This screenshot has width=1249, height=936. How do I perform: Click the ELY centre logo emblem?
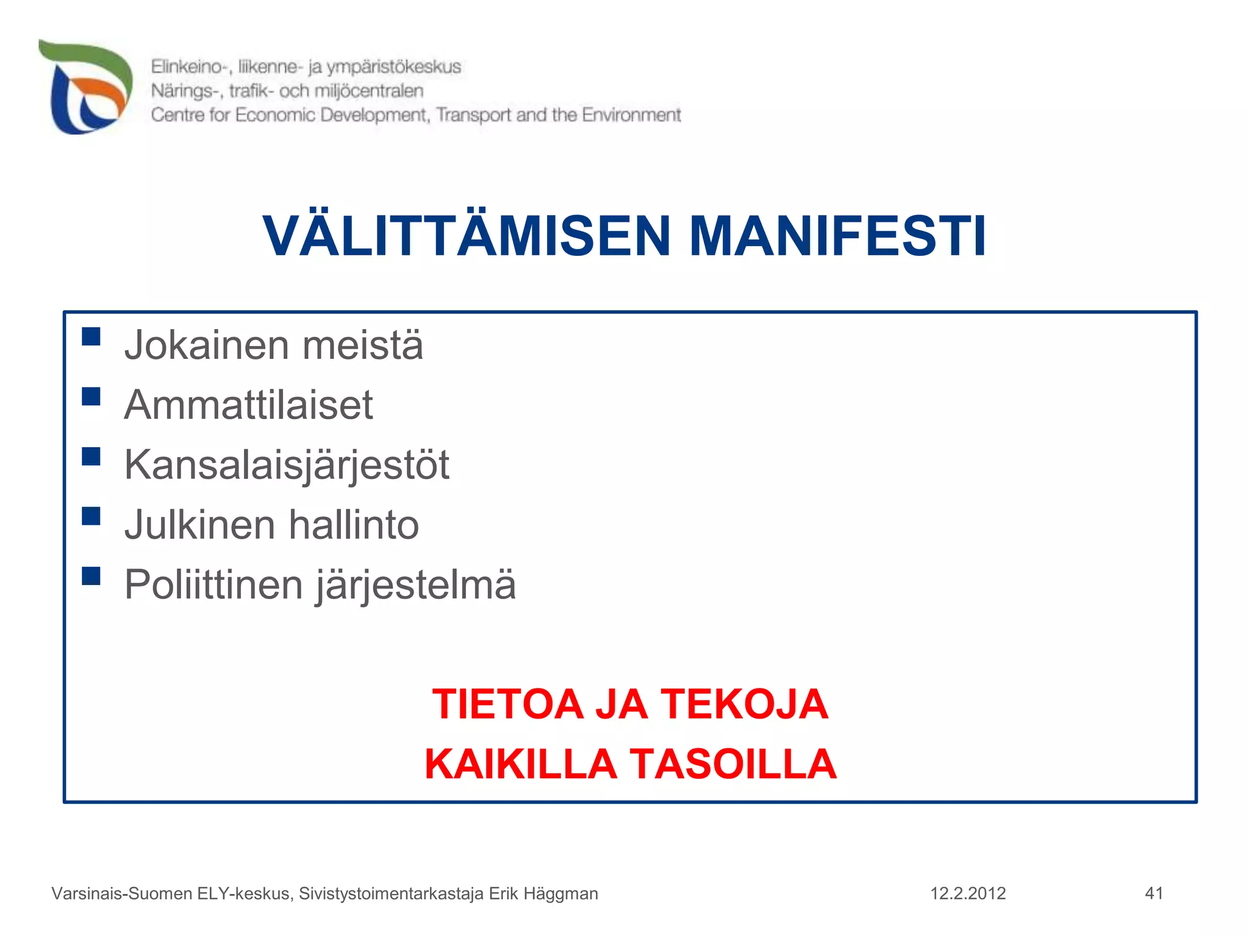click(x=86, y=87)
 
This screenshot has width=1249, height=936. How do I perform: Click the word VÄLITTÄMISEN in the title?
click(x=467, y=236)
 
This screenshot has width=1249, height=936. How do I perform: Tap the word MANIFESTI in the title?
click(x=837, y=236)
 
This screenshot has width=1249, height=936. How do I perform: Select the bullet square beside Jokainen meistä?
click(x=91, y=336)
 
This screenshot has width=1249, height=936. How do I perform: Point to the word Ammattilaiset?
click(x=248, y=405)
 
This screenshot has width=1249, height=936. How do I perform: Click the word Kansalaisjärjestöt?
click(x=287, y=466)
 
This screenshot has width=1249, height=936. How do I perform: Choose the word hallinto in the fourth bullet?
click(x=353, y=525)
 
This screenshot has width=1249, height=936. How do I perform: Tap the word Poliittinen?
click(x=213, y=584)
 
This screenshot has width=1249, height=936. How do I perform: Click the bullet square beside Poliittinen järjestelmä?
click(x=91, y=576)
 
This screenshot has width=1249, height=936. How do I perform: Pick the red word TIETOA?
click(x=507, y=704)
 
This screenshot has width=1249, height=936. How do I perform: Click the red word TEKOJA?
click(x=745, y=704)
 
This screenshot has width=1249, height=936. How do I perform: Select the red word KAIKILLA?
click(x=520, y=764)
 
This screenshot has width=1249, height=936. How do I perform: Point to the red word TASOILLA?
click(x=732, y=764)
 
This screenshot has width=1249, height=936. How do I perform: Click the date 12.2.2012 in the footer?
click(x=968, y=893)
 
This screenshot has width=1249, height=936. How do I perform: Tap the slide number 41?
click(x=1154, y=893)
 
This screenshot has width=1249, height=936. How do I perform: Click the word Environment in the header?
click(x=631, y=115)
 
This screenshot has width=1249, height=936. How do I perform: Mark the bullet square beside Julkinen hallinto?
click(x=91, y=516)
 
